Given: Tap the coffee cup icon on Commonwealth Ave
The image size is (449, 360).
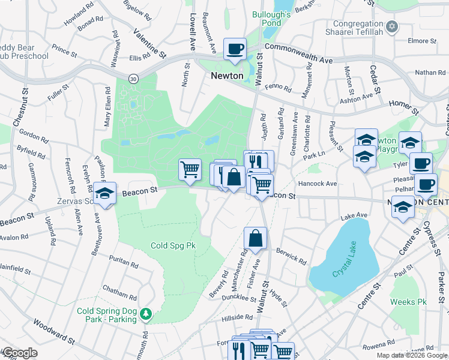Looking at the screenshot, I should coord(235,49).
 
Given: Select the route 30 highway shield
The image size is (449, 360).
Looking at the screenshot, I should coord(133,78).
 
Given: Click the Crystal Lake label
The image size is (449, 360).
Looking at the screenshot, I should coord(342,263).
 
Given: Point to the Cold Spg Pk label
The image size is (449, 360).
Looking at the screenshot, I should coord(173,245).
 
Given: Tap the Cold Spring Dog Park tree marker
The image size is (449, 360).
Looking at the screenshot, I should coord(145,314).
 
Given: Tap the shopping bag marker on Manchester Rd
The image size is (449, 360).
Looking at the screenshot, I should coord(255,238).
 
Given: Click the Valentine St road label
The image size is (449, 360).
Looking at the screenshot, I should coord(149,44).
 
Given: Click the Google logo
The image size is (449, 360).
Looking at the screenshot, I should coord(19,353).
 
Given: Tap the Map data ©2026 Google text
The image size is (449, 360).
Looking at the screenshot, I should coord(411,355).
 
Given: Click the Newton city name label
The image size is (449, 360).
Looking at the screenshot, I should coord(227,76).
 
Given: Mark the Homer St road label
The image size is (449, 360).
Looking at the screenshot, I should coord(403,107).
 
